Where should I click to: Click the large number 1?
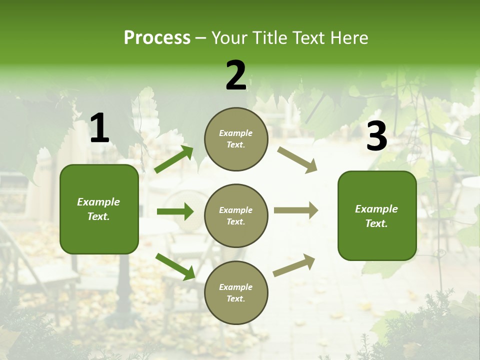pyautogui.click(x=99, y=128)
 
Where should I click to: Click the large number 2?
pyautogui.click(x=236, y=75)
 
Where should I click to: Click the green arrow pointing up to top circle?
pyautogui.click(x=174, y=159)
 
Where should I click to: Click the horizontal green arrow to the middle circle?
pyautogui.click(x=175, y=211)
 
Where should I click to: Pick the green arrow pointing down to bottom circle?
pyautogui.click(x=175, y=266)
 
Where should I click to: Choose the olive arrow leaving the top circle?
pyautogui.click(x=297, y=160)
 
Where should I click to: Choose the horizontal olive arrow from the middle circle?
pyautogui.click(x=296, y=210)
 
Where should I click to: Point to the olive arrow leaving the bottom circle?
pyautogui.click(x=294, y=265)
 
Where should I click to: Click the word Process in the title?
pyautogui.click(x=157, y=37)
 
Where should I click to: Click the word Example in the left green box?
pyautogui.click(x=98, y=202)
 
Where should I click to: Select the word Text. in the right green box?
pyautogui.click(x=376, y=223)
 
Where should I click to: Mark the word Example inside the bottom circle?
pyautogui.click(x=235, y=287)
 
